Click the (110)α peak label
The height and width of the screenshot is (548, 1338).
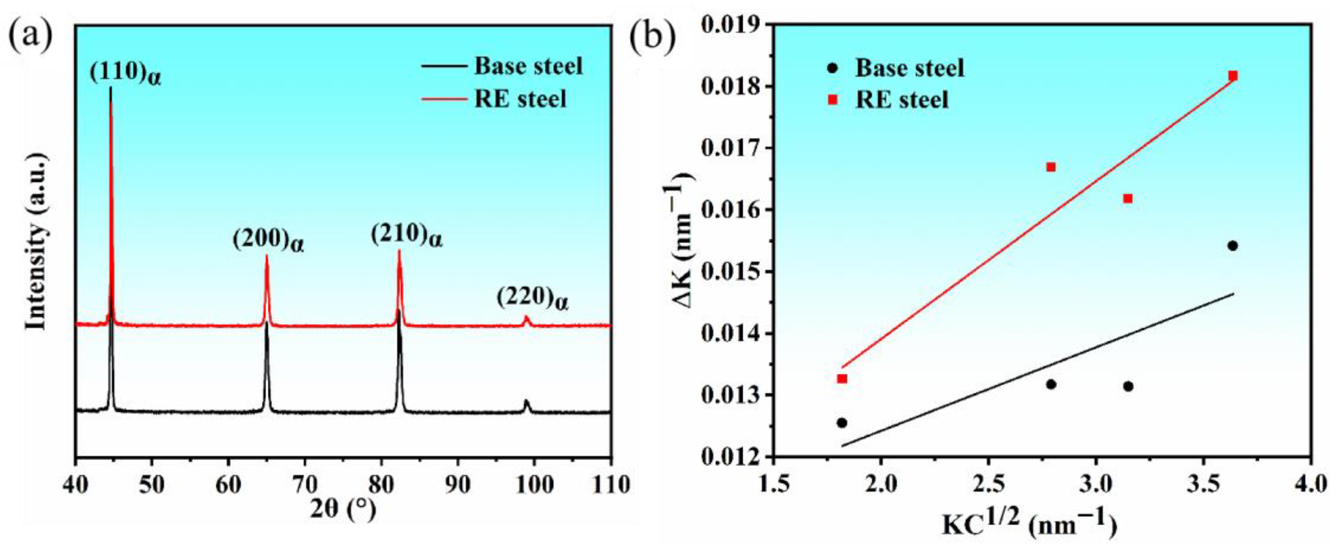pyautogui.click(x=125, y=74)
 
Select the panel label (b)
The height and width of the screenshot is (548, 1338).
pyautogui.click(x=652, y=37)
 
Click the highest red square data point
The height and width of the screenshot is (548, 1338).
pyautogui.click(x=1233, y=76)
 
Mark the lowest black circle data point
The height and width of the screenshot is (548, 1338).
pyautogui.click(x=842, y=423)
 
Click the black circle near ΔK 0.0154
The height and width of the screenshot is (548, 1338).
pyautogui.click(x=1233, y=246)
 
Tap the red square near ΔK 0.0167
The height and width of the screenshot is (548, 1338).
pyautogui.click(x=1051, y=167)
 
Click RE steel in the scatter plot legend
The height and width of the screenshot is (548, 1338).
pyautogui.click(x=902, y=100)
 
